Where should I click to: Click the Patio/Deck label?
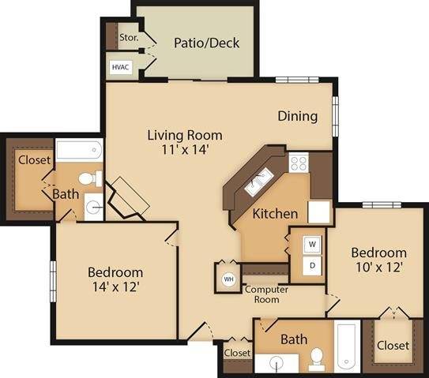tap(206, 43)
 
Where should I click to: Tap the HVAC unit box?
tap(121, 67)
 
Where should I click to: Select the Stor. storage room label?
tap(128, 37)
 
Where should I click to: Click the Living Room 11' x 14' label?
tap(184, 141)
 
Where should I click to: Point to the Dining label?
tap(297, 116)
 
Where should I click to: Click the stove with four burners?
tap(299, 163)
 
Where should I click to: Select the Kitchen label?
tap(274, 213)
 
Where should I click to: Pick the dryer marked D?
tap(312, 266)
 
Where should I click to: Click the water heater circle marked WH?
tap(228, 279)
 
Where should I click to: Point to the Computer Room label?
tap(265, 294)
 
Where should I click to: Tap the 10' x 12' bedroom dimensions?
tap(378, 268)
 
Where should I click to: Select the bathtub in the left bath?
tap(80, 150)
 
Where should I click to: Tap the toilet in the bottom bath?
tap(318, 359)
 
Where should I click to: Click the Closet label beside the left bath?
tap(34, 159)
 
